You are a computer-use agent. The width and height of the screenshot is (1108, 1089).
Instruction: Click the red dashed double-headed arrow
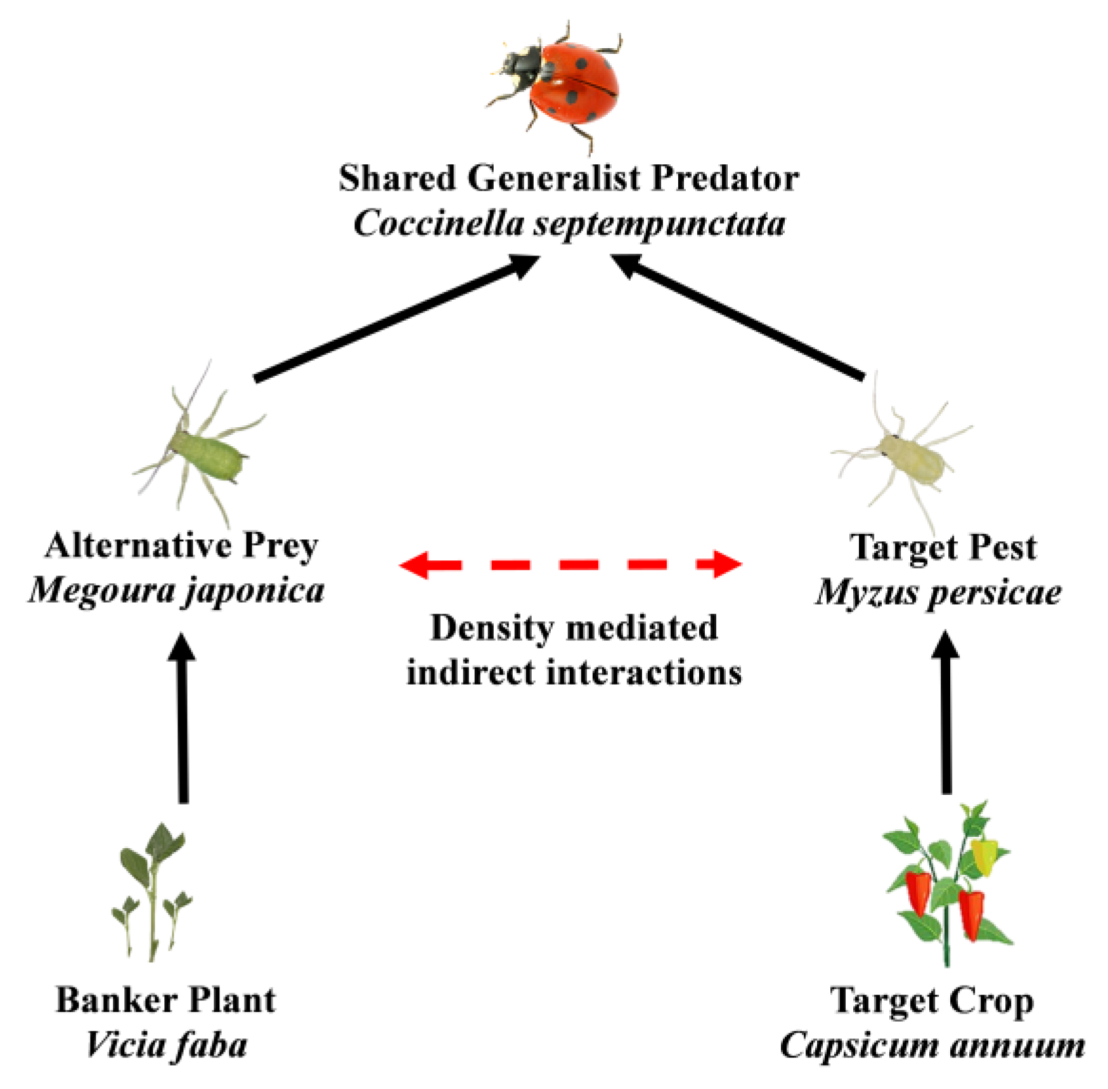coord(570,564)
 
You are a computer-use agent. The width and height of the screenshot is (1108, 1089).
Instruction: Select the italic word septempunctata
coord(659,224)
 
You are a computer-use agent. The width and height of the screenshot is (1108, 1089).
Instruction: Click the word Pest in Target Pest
coord(1002,547)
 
